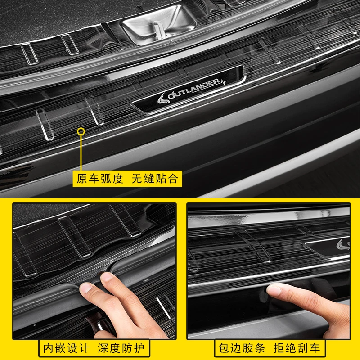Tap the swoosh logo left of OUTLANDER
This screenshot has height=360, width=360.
pyautogui.click(x=164, y=98)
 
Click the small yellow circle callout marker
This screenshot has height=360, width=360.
pyautogui.click(x=81, y=131)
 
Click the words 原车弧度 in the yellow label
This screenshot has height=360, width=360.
pyautogui.click(x=100, y=179)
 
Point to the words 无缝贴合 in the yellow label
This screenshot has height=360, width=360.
pyautogui.click(x=155, y=179)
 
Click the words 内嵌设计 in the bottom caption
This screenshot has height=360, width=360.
pyautogui.click(x=66, y=348)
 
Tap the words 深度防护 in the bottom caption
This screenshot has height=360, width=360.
pyautogui.click(x=121, y=348)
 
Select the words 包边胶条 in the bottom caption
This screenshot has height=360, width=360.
pyautogui.click(x=242, y=348)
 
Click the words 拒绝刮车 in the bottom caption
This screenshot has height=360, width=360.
pyautogui.click(x=297, y=348)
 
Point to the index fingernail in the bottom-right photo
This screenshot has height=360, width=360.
pyautogui.click(x=274, y=289)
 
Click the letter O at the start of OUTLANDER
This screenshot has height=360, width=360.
pyautogui.click(x=171, y=96)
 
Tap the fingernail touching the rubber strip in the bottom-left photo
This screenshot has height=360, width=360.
pyautogui.click(x=86, y=288)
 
